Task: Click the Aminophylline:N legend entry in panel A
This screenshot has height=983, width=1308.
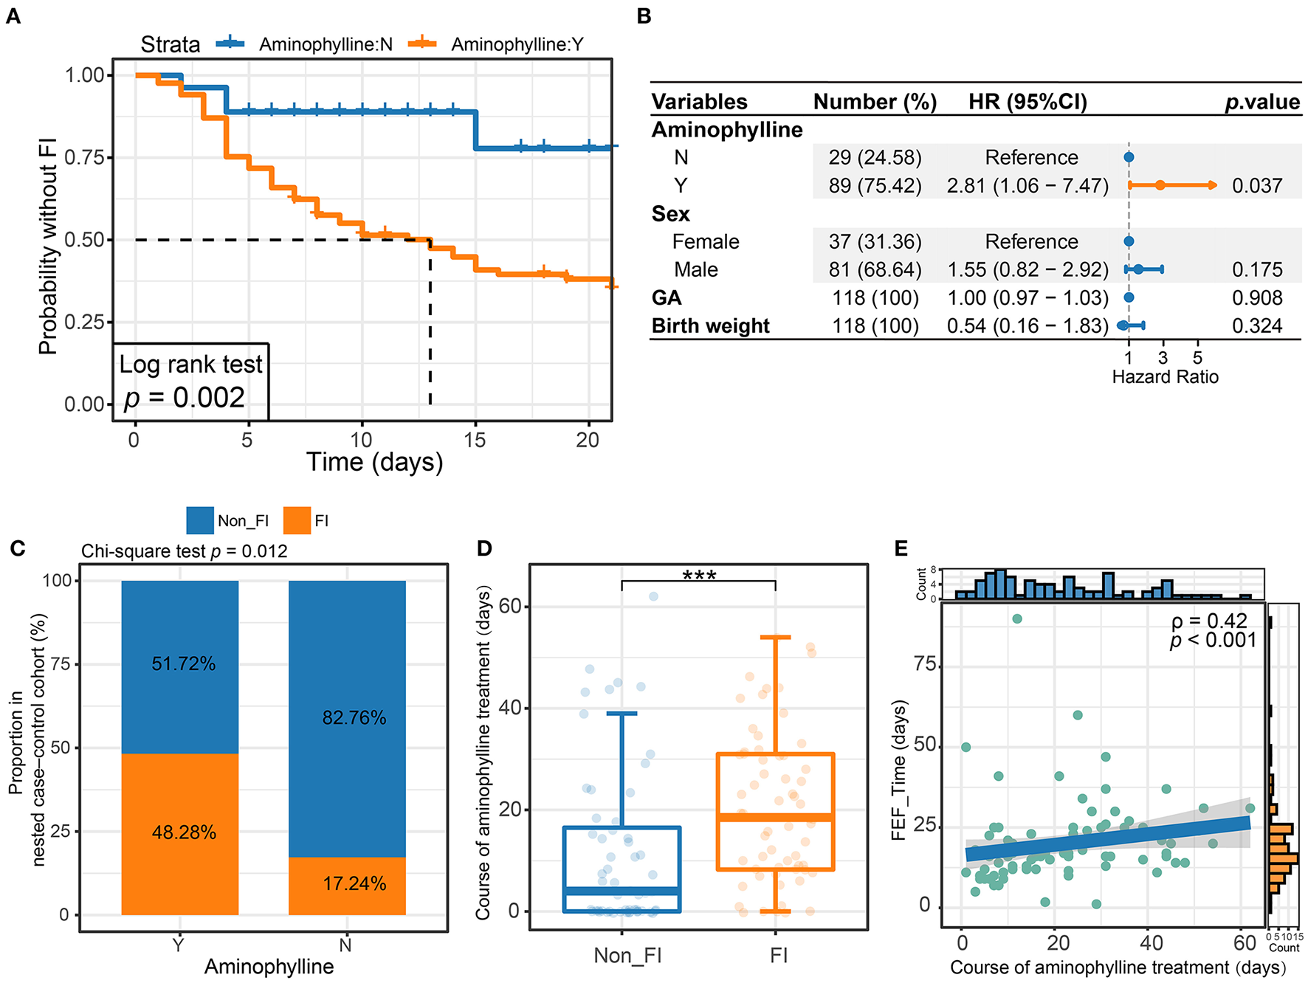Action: (x=325, y=44)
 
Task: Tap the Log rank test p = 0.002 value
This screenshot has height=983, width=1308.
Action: (x=185, y=398)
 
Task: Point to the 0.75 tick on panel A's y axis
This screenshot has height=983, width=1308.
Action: (x=86, y=158)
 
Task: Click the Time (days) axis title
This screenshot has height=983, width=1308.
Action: (x=374, y=463)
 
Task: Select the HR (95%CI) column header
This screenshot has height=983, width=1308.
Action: (x=1028, y=102)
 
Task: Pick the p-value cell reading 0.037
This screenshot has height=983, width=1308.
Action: (x=1257, y=186)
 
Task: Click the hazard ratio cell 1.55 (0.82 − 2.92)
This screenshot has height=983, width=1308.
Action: (x=1028, y=270)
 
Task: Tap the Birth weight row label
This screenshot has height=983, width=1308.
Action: (x=710, y=326)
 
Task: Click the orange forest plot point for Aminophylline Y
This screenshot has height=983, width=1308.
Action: (x=1160, y=185)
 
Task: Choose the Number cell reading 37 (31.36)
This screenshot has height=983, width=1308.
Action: (x=875, y=242)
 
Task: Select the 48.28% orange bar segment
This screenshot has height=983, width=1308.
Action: (x=180, y=833)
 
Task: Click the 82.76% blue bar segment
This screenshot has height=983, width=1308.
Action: (x=347, y=718)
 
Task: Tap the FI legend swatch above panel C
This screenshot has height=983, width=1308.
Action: (x=297, y=521)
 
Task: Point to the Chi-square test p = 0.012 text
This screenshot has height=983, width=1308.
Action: (x=185, y=551)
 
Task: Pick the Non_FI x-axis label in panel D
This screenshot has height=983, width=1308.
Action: (x=627, y=956)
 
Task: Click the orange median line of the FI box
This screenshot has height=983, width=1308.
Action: (x=775, y=817)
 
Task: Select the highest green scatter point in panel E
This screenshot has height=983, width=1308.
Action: (x=1017, y=618)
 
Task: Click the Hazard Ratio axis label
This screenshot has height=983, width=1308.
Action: (x=1165, y=377)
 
